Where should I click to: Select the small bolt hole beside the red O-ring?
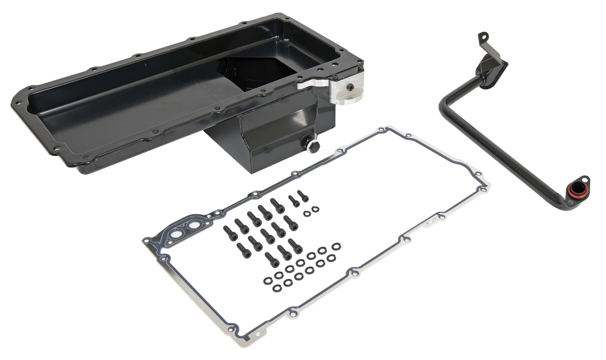click(585, 179)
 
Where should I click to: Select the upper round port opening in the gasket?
click(196, 226)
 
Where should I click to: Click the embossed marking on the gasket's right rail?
click(430, 223)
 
